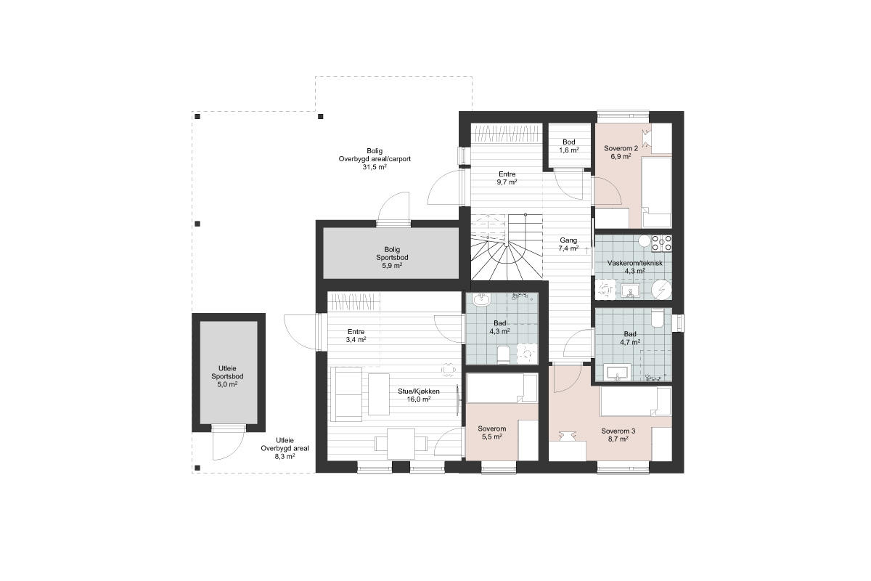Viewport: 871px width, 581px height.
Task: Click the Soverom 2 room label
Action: pyautogui.click(x=621, y=153)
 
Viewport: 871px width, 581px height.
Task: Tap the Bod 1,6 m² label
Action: pyautogui.click(x=569, y=146)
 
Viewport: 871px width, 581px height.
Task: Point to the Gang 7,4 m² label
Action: pyautogui.click(x=568, y=244)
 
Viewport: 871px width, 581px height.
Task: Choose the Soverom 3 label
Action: pyautogui.click(x=618, y=435)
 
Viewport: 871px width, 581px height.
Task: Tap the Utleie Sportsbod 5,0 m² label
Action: pyautogui.click(x=227, y=376)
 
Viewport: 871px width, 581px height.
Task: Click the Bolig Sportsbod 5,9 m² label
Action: pyautogui.click(x=392, y=257)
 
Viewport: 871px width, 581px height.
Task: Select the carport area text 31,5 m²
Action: pyautogui.click(x=375, y=167)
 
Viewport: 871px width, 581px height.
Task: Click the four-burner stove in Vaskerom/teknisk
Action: pyautogui.click(x=661, y=243)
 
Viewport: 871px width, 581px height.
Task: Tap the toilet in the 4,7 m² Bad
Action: pyautogui.click(x=657, y=318)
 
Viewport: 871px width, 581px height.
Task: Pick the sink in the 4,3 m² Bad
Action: pyautogui.click(x=481, y=300)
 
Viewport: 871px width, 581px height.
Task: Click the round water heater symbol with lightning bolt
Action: pyautogui.click(x=661, y=290)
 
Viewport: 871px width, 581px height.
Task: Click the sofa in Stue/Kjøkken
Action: pyautogui.click(x=347, y=394)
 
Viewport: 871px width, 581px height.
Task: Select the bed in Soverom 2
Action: pyautogui.click(x=656, y=192)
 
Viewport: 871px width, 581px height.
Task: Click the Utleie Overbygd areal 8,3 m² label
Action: pyautogui.click(x=285, y=448)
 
